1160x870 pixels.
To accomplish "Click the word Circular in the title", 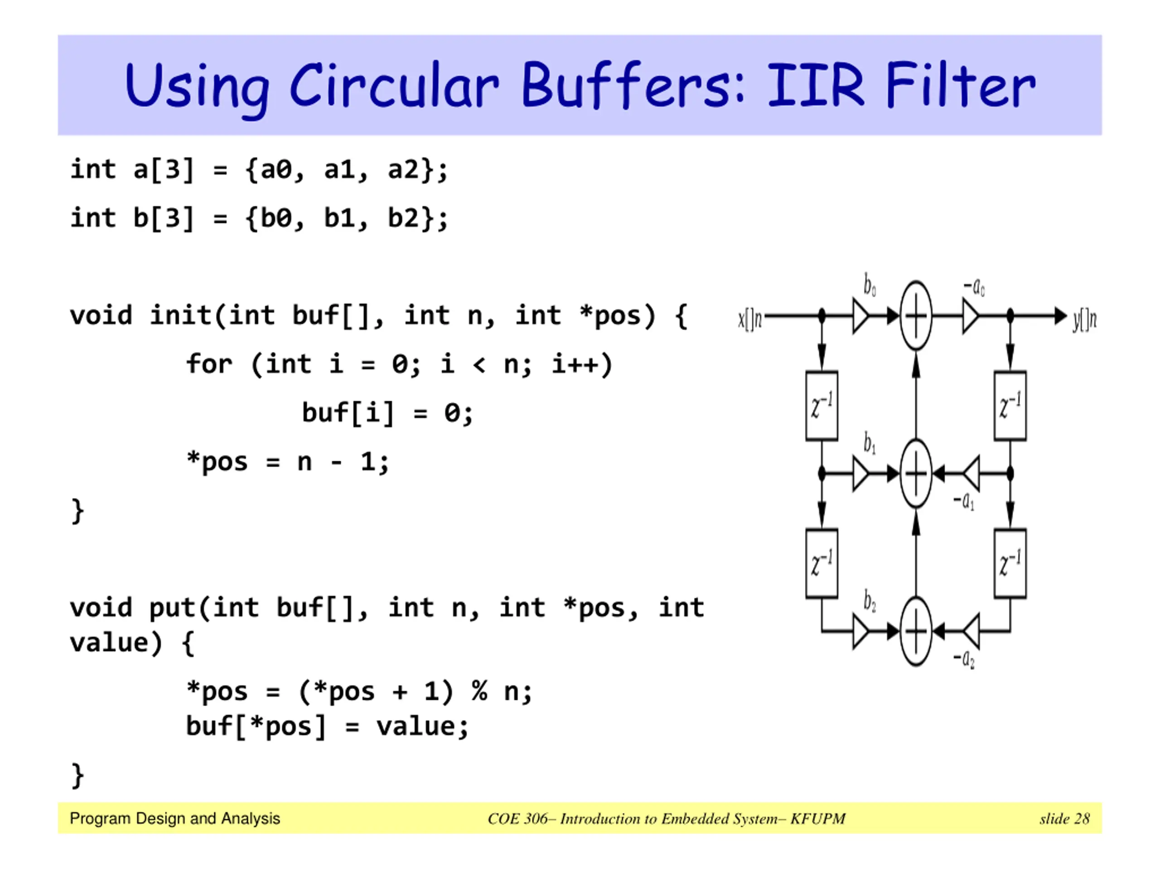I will [x=394, y=86].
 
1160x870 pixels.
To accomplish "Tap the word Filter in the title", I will [x=960, y=86].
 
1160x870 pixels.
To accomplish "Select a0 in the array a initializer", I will [x=276, y=170].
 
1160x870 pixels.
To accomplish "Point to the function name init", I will [x=181, y=316].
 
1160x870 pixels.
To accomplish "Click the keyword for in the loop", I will [x=209, y=364].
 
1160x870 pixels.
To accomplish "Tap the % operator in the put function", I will [x=479, y=691].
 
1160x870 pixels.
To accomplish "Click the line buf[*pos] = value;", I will [x=327, y=727].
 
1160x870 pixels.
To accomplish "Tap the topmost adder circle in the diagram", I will [x=916, y=316].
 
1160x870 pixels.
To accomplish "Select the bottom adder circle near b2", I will [x=916, y=631].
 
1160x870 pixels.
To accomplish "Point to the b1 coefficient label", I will [x=870, y=443].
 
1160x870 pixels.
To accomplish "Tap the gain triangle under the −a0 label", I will [x=970, y=316].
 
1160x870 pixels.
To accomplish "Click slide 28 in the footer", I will [x=1064, y=819].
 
